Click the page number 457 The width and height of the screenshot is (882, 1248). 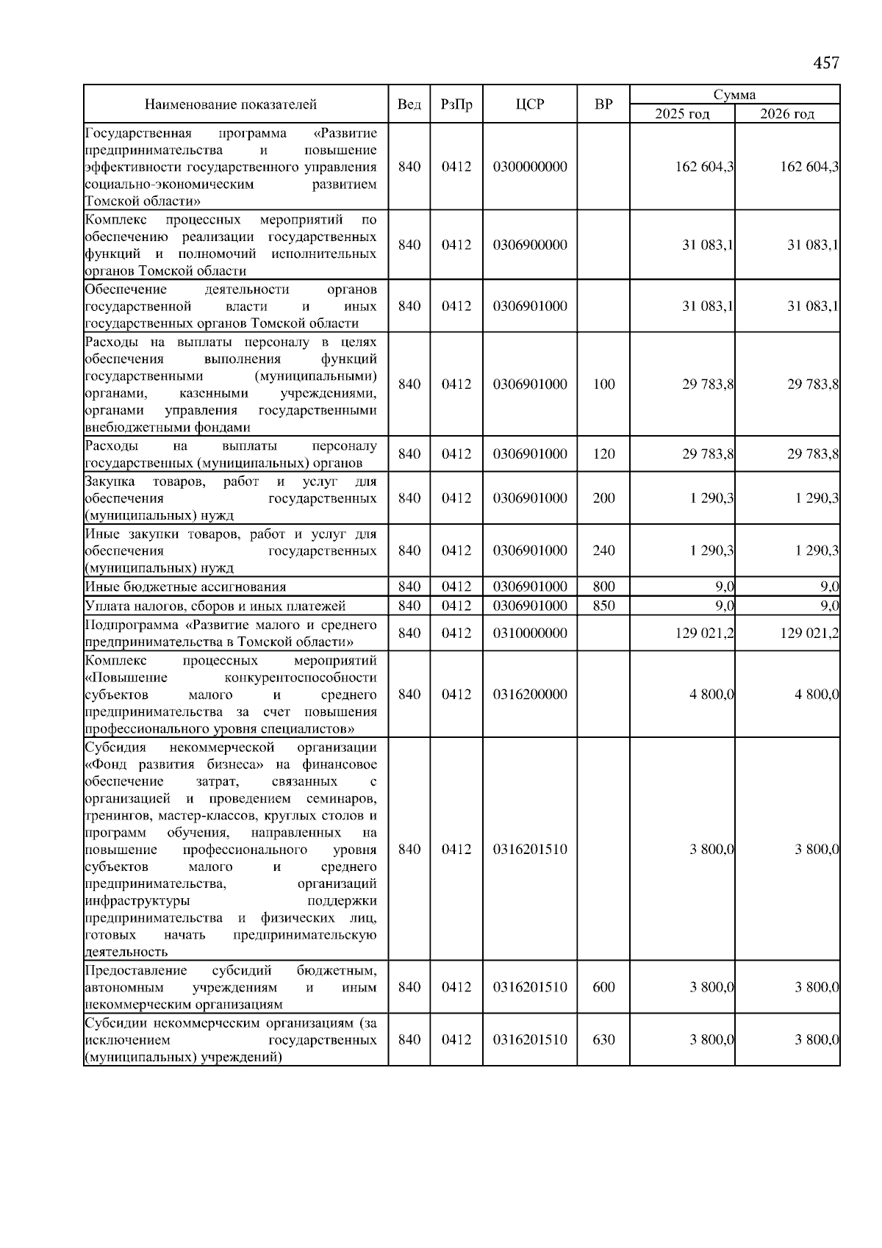pyautogui.click(x=826, y=63)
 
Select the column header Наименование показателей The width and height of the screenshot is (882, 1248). pyautogui.click(x=230, y=104)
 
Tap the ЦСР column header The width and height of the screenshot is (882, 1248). pyautogui.click(x=530, y=104)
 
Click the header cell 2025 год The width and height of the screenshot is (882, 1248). pyautogui.click(x=682, y=114)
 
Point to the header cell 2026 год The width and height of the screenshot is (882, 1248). pyautogui.click(x=787, y=114)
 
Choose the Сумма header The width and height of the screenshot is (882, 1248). pyautogui.click(x=734, y=95)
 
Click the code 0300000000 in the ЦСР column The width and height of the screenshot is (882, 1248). pyautogui.click(x=530, y=167)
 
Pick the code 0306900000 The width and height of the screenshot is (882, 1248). pyautogui.click(x=530, y=245)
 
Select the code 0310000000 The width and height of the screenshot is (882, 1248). pyautogui.click(x=530, y=633)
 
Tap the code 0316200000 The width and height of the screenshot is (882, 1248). pyautogui.click(x=530, y=695)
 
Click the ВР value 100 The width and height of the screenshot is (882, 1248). pyautogui.click(x=603, y=384)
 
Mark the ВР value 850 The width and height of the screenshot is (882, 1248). pyautogui.click(x=603, y=606)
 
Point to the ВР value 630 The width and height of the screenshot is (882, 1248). pyautogui.click(x=603, y=1040)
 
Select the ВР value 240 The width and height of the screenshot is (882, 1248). pyautogui.click(x=603, y=551)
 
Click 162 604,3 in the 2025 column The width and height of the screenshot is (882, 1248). pyautogui.click(x=704, y=167)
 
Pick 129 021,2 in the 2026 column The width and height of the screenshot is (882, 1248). pyautogui.click(x=809, y=633)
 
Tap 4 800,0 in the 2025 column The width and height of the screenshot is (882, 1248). pyautogui.click(x=711, y=695)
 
